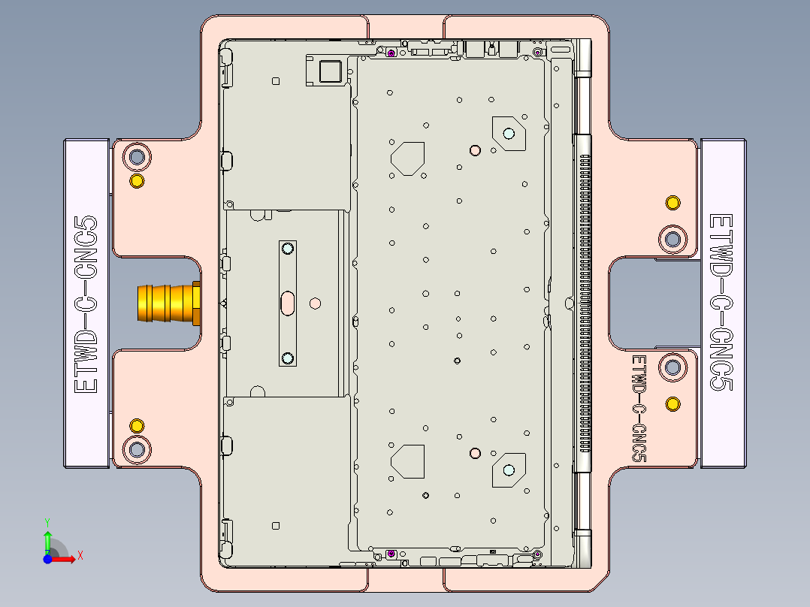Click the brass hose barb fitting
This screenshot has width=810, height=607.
(167, 303)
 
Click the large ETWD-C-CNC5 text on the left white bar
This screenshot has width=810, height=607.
(86, 303)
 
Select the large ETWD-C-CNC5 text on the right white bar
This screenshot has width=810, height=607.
(721, 302)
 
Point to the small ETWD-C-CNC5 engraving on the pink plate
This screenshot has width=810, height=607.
(639, 409)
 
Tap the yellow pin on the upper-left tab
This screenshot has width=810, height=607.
(137, 181)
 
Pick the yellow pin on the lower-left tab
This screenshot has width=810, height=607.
(137, 426)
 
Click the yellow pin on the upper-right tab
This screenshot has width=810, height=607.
(673, 203)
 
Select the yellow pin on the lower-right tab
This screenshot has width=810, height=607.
(673, 405)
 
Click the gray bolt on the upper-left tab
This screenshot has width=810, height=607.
(137, 157)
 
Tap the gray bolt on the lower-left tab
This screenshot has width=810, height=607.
(137, 449)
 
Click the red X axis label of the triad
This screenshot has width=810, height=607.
(80, 556)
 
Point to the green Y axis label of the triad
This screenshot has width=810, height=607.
(47, 521)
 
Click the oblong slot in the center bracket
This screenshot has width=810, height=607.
(288, 303)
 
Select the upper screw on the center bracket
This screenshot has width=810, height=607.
(287, 249)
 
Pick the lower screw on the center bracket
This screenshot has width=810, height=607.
(287, 358)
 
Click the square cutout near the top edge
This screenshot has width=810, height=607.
(330, 71)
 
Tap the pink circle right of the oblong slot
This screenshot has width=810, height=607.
(316, 303)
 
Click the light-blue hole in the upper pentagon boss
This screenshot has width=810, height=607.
(509, 134)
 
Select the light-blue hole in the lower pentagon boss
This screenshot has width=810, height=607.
(509, 470)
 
